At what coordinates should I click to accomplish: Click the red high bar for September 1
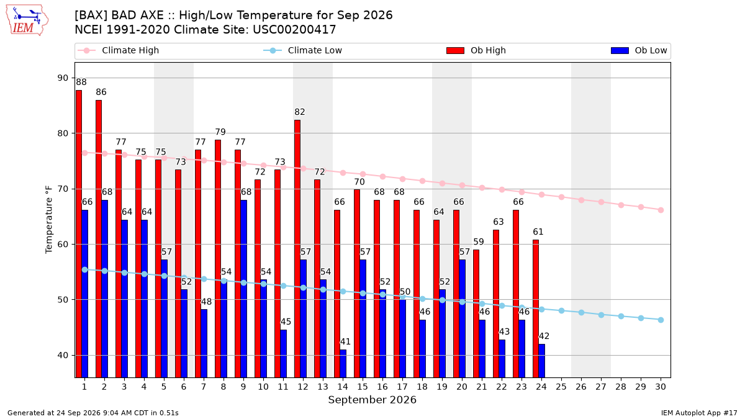79,234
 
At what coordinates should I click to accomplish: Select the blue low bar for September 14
343,364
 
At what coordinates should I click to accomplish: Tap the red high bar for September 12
297,249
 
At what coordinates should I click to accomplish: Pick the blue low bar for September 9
244,289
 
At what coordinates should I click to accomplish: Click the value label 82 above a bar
300,112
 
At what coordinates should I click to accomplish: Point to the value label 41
345,341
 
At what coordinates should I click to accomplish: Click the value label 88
81,82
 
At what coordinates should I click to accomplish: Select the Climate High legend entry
119,50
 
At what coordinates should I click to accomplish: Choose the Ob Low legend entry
639,50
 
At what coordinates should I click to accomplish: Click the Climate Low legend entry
303,50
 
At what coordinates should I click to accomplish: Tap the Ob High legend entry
476,50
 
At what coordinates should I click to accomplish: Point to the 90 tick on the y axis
63,78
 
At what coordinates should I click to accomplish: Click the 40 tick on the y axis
63,355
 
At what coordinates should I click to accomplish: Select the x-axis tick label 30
661,387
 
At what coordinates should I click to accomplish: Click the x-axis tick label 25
561,387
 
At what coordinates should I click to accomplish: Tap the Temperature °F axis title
49,220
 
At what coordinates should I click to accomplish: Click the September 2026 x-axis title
372,400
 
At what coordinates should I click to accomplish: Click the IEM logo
27,20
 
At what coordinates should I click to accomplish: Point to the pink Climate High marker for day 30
661,210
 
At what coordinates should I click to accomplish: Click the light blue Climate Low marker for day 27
601,315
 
